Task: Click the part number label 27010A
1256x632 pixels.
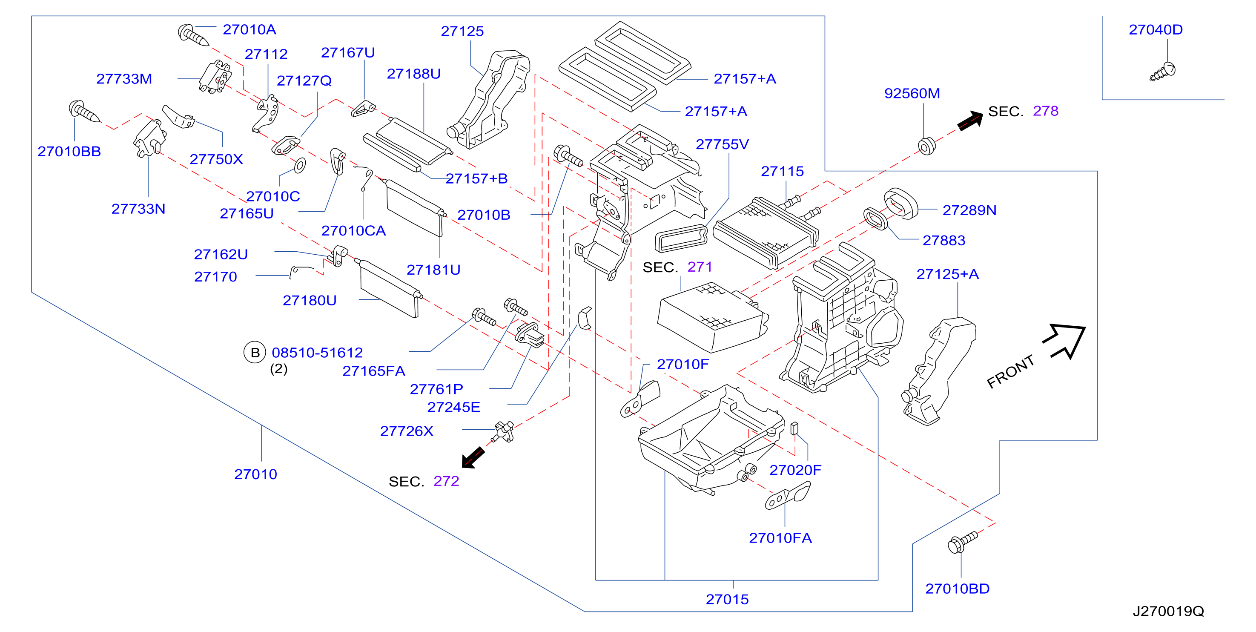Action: [x=249, y=30]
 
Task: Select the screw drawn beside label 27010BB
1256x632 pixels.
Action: [x=84, y=112]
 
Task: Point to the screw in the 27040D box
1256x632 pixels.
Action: [x=1163, y=71]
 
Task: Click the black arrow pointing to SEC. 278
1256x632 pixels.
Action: [x=970, y=120]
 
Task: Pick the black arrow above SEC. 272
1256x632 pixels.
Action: [x=473, y=457]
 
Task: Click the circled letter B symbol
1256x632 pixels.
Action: [x=255, y=353]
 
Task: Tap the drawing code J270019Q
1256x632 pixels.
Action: [x=1168, y=611]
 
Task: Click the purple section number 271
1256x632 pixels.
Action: [x=700, y=267]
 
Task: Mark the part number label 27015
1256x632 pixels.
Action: [x=727, y=599]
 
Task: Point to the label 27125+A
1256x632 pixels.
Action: [x=947, y=274]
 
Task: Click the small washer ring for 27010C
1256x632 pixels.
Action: [x=300, y=165]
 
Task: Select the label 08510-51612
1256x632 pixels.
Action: [x=317, y=353]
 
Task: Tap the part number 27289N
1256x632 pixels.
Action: [x=969, y=210]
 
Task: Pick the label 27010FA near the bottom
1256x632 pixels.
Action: [x=780, y=538]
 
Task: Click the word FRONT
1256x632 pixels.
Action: [x=1010, y=372]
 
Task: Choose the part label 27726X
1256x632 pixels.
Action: [x=407, y=431]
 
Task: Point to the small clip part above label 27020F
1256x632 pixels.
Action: [x=794, y=428]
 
